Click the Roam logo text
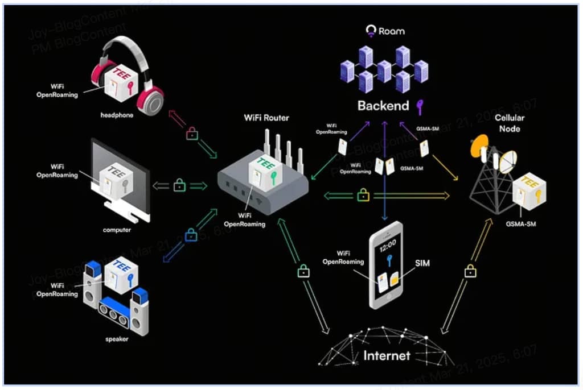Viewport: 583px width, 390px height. (x=392, y=31)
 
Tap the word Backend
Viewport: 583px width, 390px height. (x=383, y=105)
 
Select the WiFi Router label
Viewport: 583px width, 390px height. (x=266, y=118)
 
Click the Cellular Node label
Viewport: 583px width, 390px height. (x=510, y=123)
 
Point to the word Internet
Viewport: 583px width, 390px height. (x=387, y=356)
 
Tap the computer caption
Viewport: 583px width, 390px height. (x=117, y=230)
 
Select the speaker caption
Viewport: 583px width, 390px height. (x=116, y=339)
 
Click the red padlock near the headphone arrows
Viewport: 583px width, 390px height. (x=192, y=134)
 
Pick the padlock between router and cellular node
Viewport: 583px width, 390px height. (x=363, y=195)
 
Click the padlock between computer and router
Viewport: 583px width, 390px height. (x=179, y=185)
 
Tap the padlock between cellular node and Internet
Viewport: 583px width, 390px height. (x=469, y=271)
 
